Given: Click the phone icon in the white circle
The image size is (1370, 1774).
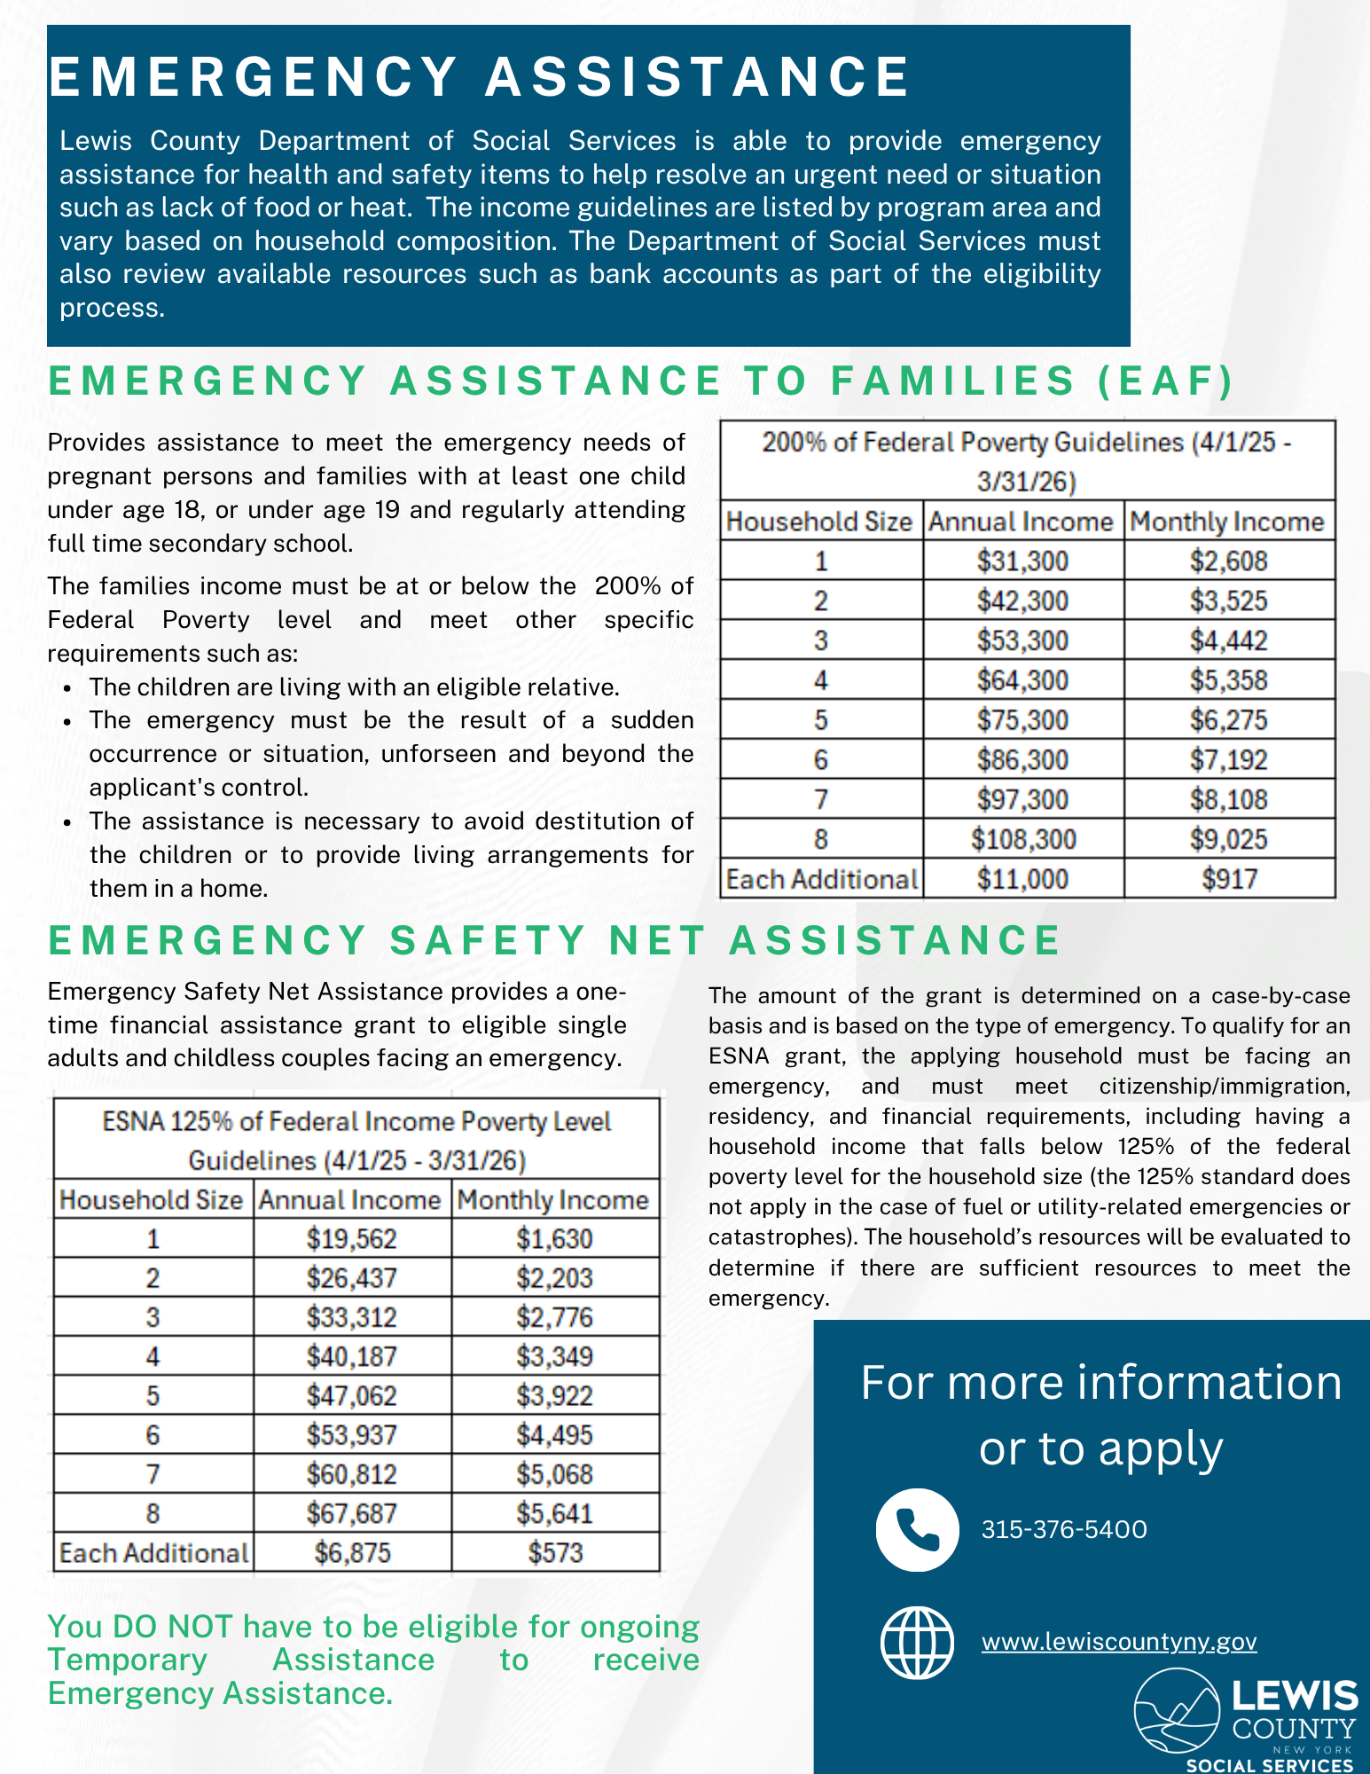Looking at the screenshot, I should [917, 1530].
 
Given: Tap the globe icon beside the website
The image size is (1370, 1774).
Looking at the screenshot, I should [917, 1643].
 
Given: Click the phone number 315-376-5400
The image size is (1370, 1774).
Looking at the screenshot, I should [1064, 1530].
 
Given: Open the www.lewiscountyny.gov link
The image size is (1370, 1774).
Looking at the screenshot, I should [1119, 1642].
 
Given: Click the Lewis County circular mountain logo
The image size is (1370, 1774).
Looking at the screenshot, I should [1178, 1711].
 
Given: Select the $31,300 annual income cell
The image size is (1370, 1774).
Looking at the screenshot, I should [1022, 561].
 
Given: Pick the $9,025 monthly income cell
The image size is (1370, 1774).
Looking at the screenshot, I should [1229, 839].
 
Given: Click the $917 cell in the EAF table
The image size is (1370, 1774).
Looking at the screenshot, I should [1229, 879].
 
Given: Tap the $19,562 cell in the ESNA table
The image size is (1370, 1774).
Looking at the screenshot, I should [352, 1239].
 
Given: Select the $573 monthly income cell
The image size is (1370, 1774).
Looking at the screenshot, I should [555, 1553].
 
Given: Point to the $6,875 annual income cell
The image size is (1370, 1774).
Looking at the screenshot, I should [352, 1553].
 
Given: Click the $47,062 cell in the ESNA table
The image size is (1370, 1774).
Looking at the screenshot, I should [352, 1396].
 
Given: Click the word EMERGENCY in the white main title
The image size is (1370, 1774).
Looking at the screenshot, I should [254, 76].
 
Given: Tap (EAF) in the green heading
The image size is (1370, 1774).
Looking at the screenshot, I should [1166, 381].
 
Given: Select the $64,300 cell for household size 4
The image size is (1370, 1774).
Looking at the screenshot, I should [1022, 680].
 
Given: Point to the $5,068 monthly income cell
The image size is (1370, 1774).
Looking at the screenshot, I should [555, 1474].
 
